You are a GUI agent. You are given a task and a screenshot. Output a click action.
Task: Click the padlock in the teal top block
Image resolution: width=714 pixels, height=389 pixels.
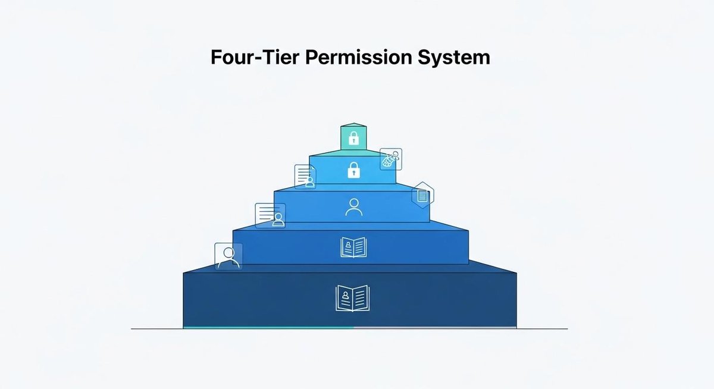[353, 139]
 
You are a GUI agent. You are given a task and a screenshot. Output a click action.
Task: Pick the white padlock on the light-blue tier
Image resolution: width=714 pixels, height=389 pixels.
[353, 170]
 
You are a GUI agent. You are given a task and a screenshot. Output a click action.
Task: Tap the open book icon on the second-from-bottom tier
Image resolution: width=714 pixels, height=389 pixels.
[353, 247]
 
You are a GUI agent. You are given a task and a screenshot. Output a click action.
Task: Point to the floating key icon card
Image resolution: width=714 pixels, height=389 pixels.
[390, 159]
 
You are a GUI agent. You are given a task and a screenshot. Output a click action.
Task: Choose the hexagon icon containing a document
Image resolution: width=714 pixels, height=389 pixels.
[422, 195]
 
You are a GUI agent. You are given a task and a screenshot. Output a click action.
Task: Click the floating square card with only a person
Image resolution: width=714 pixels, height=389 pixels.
[228, 256]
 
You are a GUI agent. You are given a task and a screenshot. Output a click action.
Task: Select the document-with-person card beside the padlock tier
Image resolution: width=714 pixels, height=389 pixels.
[305, 177]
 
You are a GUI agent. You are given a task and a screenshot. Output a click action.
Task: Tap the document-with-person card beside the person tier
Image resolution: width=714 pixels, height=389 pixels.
[270, 215]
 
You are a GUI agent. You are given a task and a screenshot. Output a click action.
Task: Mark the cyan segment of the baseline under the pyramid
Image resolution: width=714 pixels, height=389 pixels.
[268, 327]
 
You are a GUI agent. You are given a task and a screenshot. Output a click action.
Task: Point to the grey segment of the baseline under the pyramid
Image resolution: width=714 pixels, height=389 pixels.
[434, 327]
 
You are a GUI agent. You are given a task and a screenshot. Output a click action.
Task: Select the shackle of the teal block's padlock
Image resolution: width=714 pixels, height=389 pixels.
[353, 135]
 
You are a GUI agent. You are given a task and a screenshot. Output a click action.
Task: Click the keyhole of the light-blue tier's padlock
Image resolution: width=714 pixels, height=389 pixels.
[353, 174]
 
